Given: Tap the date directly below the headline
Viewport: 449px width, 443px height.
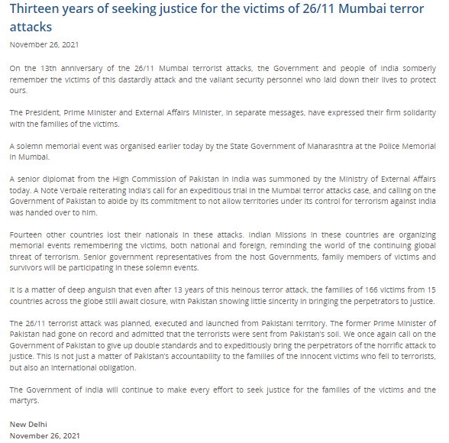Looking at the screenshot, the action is pos(44,44).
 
